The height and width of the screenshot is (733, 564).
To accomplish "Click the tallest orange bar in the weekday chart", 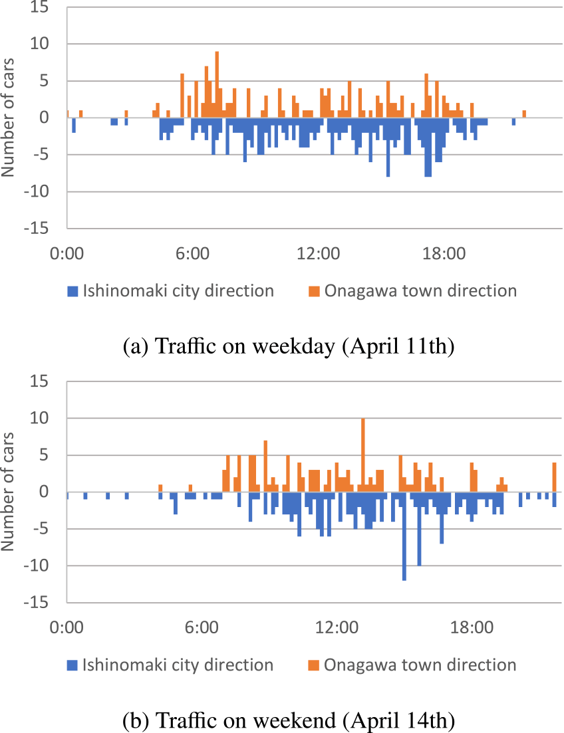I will point(217,85).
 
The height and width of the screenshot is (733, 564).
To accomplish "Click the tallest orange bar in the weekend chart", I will point(362,456).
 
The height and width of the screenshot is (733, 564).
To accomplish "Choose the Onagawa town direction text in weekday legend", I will point(420,291).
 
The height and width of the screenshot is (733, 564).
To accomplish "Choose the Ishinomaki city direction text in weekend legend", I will point(178,665).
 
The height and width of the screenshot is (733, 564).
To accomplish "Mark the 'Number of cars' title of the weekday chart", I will point(9,118).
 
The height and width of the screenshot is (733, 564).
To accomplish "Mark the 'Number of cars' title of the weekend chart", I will point(9,492).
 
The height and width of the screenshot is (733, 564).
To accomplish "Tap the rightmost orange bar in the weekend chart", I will point(554,478).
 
